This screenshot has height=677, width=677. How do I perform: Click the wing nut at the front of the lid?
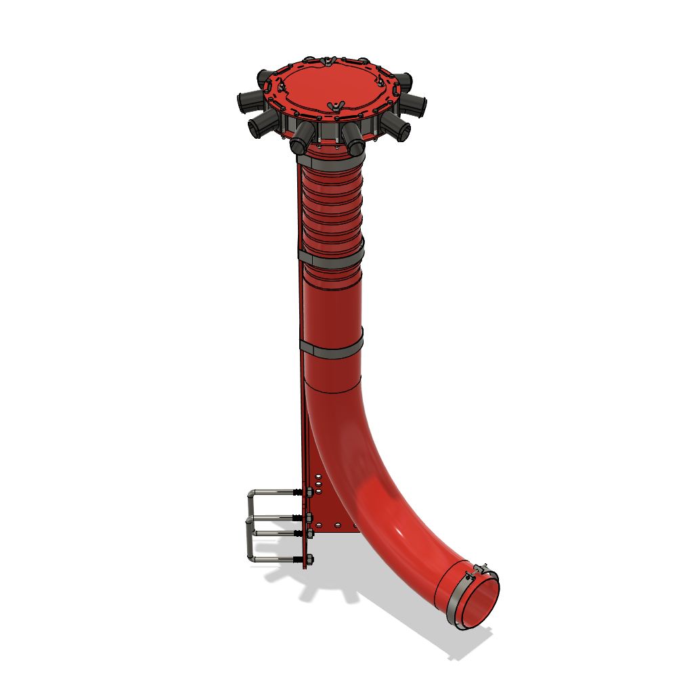333,106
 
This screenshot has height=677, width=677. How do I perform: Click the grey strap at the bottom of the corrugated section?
331,257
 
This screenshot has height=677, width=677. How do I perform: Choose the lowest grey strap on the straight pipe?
331,349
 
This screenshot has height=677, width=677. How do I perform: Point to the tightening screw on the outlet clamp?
481,568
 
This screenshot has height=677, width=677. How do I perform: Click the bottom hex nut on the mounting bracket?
308,560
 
